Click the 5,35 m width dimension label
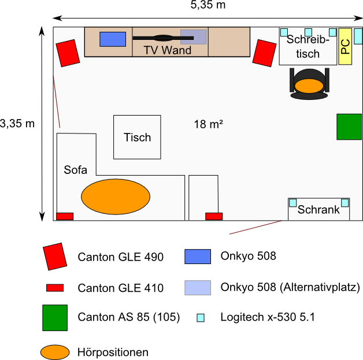click(208, 5)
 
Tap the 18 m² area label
click(209, 124)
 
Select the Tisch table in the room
click(137, 137)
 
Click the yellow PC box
click(346, 46)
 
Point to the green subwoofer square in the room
click(349, 127)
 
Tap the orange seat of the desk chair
click(309, 86)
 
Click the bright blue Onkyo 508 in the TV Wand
click(113, 39)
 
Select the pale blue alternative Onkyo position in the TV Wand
click(193, 37)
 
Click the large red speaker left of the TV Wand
click(68, 53)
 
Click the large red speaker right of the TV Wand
click(264, 53)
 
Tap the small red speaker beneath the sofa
click(65, 216)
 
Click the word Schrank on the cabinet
click(318, 210)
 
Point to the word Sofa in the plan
click(75, 170)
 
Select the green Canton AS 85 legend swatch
click(54, 318)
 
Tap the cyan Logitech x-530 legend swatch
click(201, 318)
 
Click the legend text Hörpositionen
click(113, 352)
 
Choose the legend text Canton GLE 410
click(120, 288)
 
